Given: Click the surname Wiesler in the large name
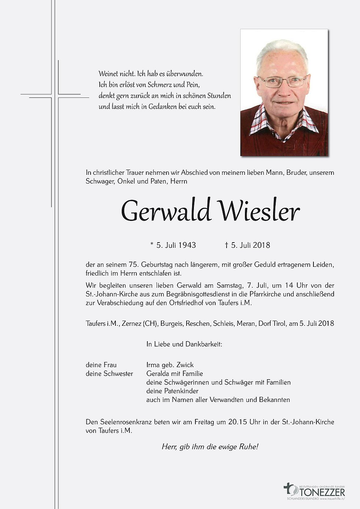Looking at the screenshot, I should [x=259, y=211].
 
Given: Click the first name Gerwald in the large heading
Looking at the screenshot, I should [x=166, y=211].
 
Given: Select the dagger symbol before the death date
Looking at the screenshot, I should [x=227, y=245].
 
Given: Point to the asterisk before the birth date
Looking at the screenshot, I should [x=152, y=244].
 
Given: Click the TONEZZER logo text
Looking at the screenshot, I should [x=322, y=491].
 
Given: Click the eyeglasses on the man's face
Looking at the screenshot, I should [x=282, y=81].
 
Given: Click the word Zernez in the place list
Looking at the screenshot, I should [x=132, y=324].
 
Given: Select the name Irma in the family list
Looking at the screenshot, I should [x=153, y=365].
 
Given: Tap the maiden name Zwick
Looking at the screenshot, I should [x=185, y=365].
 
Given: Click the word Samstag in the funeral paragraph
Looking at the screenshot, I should [x=229, y=285].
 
